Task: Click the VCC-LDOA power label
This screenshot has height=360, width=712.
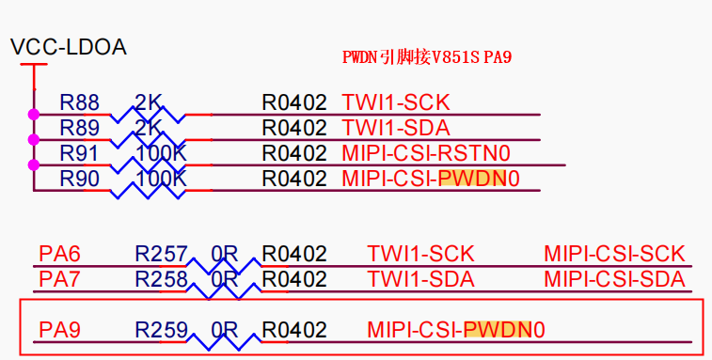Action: click(68, 46)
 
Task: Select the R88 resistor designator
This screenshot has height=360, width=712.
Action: click(79, 102)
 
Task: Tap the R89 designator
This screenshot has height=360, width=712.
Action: click(79, 127)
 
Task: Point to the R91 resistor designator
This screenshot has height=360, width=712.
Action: click(79, 152)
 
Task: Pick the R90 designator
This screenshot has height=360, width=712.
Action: click(79, 178)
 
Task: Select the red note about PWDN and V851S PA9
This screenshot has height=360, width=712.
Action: click(426, 57)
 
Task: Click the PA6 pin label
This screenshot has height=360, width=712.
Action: click(60, 254)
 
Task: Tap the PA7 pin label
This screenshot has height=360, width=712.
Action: click(60, 279)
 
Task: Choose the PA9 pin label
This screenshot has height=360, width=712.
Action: click(60, 330)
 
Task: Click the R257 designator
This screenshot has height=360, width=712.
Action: click(161, 254)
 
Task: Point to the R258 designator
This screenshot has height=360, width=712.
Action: click(161, 279)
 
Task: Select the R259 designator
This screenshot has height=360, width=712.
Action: click(161, 330)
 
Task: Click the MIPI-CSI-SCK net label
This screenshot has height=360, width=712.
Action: click(614, 254)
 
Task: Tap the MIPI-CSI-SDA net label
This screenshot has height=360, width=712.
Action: click(614, 279)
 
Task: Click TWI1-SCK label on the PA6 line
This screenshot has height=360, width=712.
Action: click(420, 254)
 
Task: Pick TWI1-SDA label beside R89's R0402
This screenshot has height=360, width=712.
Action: click(395, 127)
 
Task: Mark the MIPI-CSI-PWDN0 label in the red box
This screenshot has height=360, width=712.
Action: click(456, 330)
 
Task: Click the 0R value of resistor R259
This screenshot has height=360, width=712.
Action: click(224, 330)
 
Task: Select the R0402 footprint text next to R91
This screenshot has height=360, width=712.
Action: click(293, 152)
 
